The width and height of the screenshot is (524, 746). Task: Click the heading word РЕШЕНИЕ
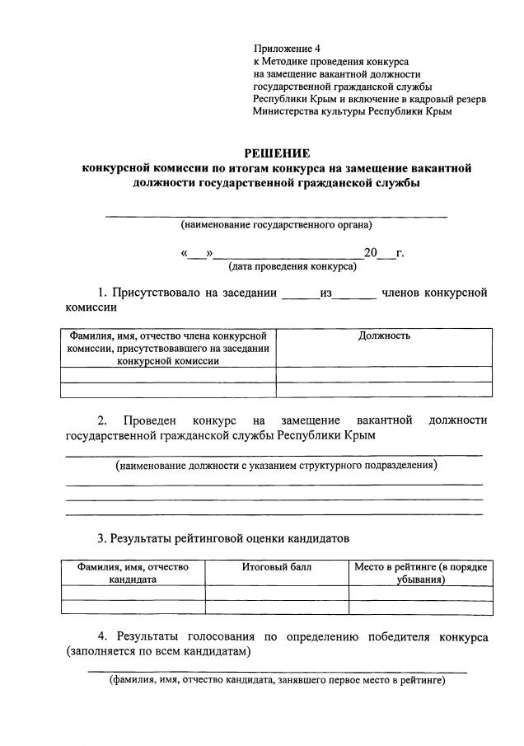(x=277, y=153)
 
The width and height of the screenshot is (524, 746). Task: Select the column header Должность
(x=384, y=335)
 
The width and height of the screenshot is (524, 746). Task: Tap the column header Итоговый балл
(x=276, y=566)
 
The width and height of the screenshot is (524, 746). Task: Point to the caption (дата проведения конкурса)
(x=292, y=266)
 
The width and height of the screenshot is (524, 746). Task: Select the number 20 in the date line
(x=369, y=253)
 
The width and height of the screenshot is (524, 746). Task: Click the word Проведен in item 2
(x=148, y=420)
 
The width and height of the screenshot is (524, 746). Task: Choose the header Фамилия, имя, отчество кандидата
(x=133, y=573)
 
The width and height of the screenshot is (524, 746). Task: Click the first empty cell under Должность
(x=384, y=374)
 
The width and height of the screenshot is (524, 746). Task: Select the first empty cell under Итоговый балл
(x=276, y=592)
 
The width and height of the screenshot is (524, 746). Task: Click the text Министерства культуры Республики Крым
(x=353, y=110)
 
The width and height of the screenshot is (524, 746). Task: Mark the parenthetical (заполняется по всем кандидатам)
(x=158, y=651)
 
